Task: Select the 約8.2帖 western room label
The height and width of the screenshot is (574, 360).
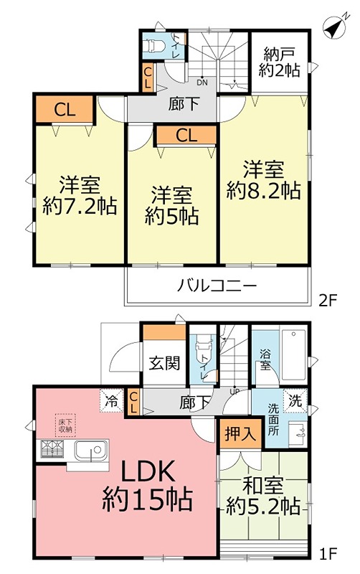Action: pos(263,180)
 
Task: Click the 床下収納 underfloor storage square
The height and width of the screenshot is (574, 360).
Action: pos(65,425)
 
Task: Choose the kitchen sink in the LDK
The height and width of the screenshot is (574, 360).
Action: pos(91,453)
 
